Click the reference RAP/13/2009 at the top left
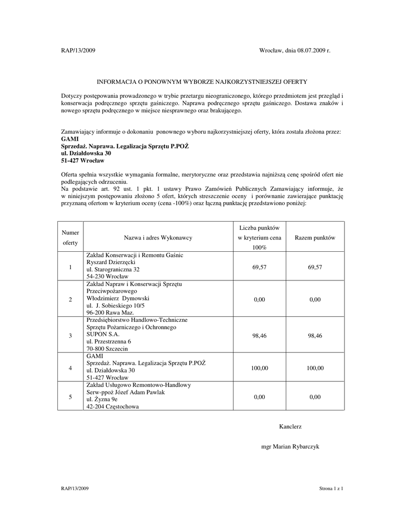pyautogui.click(x=78, y=51)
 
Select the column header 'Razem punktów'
pyautogui.click(x=315, y=238)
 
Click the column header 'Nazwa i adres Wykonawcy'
pyautogui.click(x=158, y=238)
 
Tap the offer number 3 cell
pyautogui.click(x=70, y=335)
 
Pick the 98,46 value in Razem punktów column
pyautogui.click(x=315, y=335)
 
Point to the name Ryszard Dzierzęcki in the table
pyautogui.click(x=111, y=262)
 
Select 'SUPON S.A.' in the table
pyautogui.click(x=102, y=334)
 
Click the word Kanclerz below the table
pyautogui.click(x=290, y=426)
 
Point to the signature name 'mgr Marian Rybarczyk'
pyautogui.click(x=290, y=447)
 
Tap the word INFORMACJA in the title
pyautogui.click(x=119, y=81)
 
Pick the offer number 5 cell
pyautogui.click(x=70, y=397)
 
